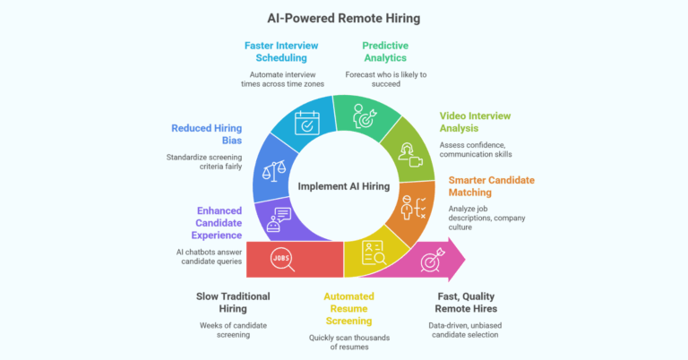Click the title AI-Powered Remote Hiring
coord(344,18)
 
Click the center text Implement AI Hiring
coord(344,186)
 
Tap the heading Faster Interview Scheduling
coord(280,52)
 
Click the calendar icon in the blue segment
coord(307,122)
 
